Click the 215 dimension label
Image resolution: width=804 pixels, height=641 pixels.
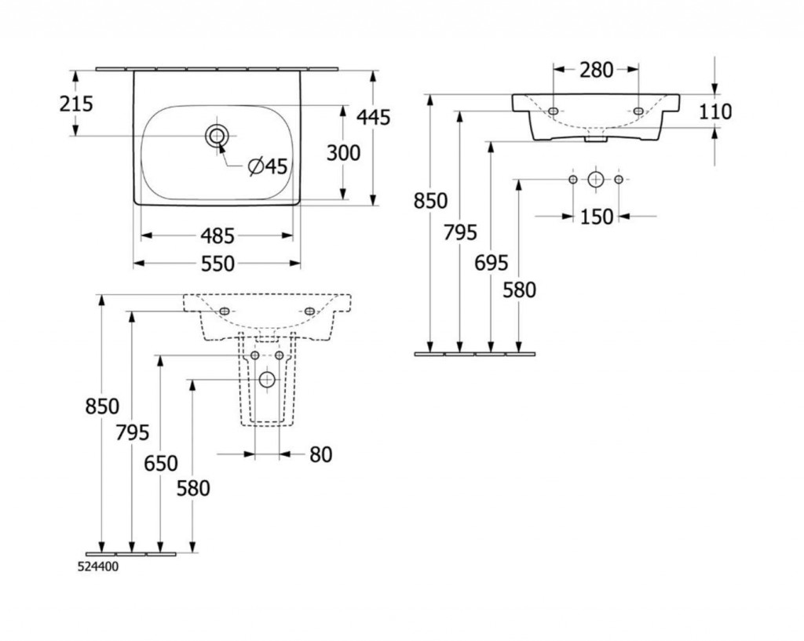(76, 103)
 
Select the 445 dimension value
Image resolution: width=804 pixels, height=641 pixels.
(373, 117)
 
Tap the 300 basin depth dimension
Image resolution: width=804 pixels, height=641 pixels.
(343, 152)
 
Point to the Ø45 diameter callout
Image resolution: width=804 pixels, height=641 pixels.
(267, 166)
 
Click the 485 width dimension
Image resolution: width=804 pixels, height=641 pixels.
(217, 235)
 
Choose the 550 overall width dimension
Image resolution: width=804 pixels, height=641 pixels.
(217, 264)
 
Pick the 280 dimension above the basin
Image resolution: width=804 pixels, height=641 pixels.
(597, 70)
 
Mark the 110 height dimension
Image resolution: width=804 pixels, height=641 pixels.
(714, 112)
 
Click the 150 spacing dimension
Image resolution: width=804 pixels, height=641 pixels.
(597, 216)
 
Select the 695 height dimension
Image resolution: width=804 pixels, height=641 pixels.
(492, 263)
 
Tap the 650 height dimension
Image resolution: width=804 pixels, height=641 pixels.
(161, 463)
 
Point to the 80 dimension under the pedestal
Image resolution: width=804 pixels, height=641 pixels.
(320, 454)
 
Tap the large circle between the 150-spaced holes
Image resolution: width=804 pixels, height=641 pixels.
(596, 180)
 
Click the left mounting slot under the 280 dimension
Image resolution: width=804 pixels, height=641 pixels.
(554, 111)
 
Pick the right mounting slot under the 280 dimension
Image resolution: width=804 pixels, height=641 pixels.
(638, 111)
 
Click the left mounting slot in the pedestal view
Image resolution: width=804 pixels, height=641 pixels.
(225, 311)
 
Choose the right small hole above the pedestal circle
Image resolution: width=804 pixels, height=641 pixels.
(279, 356)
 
